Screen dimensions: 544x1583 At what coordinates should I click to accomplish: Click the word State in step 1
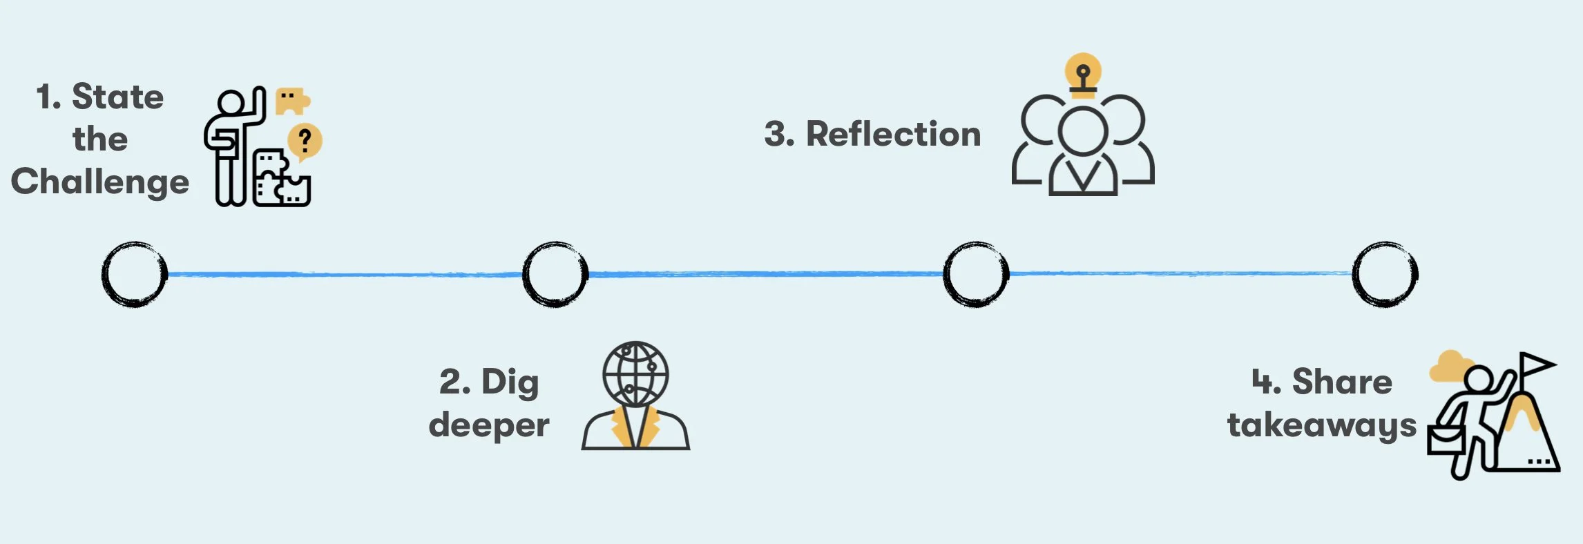pyautogui.click(x=117, y=97)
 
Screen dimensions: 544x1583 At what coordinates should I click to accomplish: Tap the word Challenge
pyautogui.click(x=100, y=182)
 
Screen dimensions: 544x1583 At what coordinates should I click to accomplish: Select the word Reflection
pyautogui.click(x=893, y=134)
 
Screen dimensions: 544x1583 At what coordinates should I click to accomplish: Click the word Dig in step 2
pyautogui.click(x=510, y=382)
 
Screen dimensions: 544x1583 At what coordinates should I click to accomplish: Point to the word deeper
pyautogui.click(x=489, y=425)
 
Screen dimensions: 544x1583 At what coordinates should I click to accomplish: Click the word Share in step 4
pyautogui.click(x=1342, y=382)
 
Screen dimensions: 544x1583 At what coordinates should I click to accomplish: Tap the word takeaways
pyautogui.click(x=1322, y=425)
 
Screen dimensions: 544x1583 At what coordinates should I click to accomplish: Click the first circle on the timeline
pyautogui.click(x=135, y=274)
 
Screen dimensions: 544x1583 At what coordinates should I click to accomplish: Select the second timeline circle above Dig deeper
pyautogui.click(x=555, y=274)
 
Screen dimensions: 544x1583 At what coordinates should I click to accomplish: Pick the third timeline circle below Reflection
pyautogui.click(x=976, y=274)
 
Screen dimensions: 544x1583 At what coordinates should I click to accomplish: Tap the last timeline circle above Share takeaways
pyautogui.click(x=1385, y=274)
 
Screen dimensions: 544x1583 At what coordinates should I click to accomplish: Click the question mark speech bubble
pyautogui.click(x=305, y=142)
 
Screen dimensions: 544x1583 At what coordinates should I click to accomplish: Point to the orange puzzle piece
pyautogui.click(x=291, y=101)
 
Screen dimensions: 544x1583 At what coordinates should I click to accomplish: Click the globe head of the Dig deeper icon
pyautogui.click(x=635, y=373)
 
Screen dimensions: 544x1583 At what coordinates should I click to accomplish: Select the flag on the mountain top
pyautogui.click(x=1537, y=364)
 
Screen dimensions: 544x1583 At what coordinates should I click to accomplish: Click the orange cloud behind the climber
pyautogui.click(x=1449, y=366)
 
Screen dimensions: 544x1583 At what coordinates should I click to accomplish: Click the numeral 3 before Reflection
pyautogui.click(x=778, y=134)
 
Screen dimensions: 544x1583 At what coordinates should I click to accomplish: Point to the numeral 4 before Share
pyautogui.click(x=1265, y=382)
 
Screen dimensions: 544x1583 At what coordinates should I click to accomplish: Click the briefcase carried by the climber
pyautogui.click(x=1446, y=440)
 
